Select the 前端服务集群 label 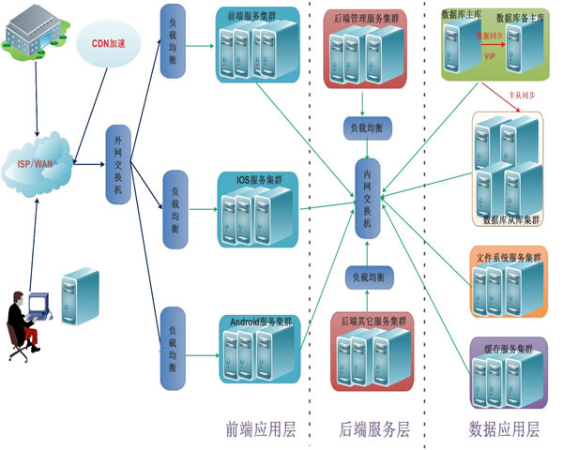251,15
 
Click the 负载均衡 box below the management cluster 366,127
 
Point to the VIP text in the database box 489,55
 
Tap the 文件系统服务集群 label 510,256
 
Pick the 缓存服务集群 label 508,348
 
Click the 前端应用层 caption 261,430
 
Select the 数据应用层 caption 504,430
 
